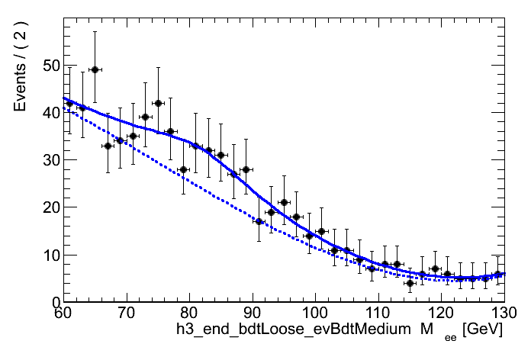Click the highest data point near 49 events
coord(95,69)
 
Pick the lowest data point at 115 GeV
coord(410,283)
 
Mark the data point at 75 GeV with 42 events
coord(158,103)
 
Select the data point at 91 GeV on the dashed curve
coord(259,221)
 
